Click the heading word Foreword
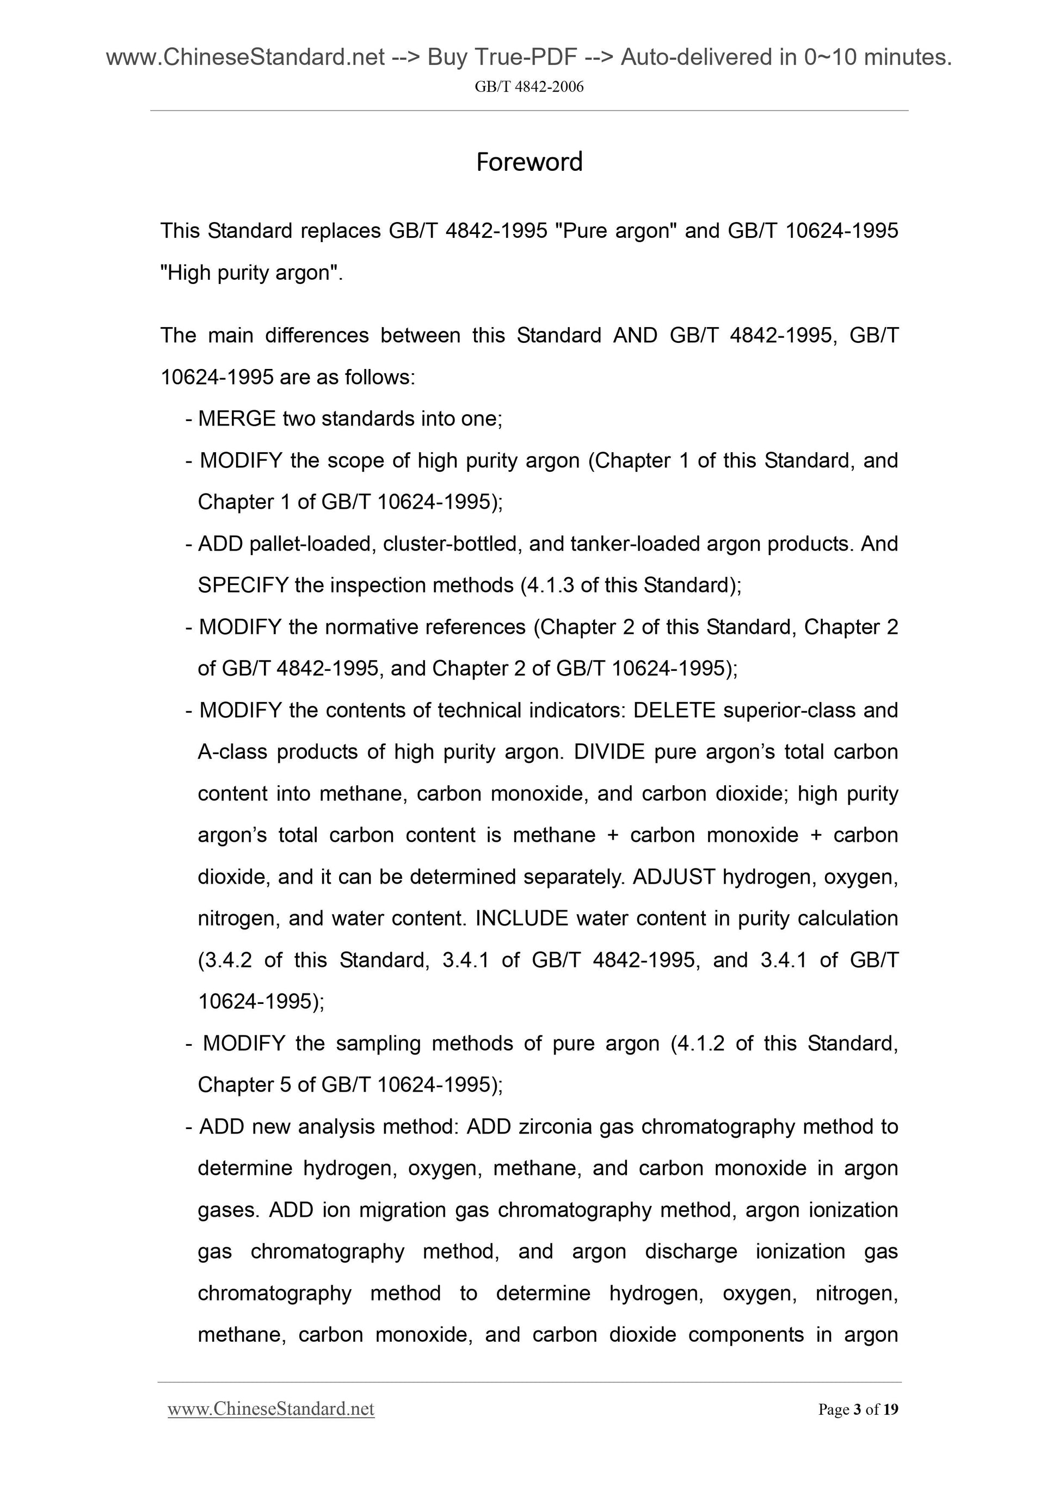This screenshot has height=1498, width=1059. pos(529,162)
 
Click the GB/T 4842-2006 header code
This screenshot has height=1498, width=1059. pos(529,87)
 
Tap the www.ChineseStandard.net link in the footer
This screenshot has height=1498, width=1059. pos(271,1409)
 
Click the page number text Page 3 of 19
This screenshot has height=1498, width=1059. pos(858,1410)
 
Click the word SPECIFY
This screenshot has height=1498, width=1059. pos(243,585)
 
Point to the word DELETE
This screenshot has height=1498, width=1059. pos(674,710)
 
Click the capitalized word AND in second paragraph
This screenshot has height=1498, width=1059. pos(635,335)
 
